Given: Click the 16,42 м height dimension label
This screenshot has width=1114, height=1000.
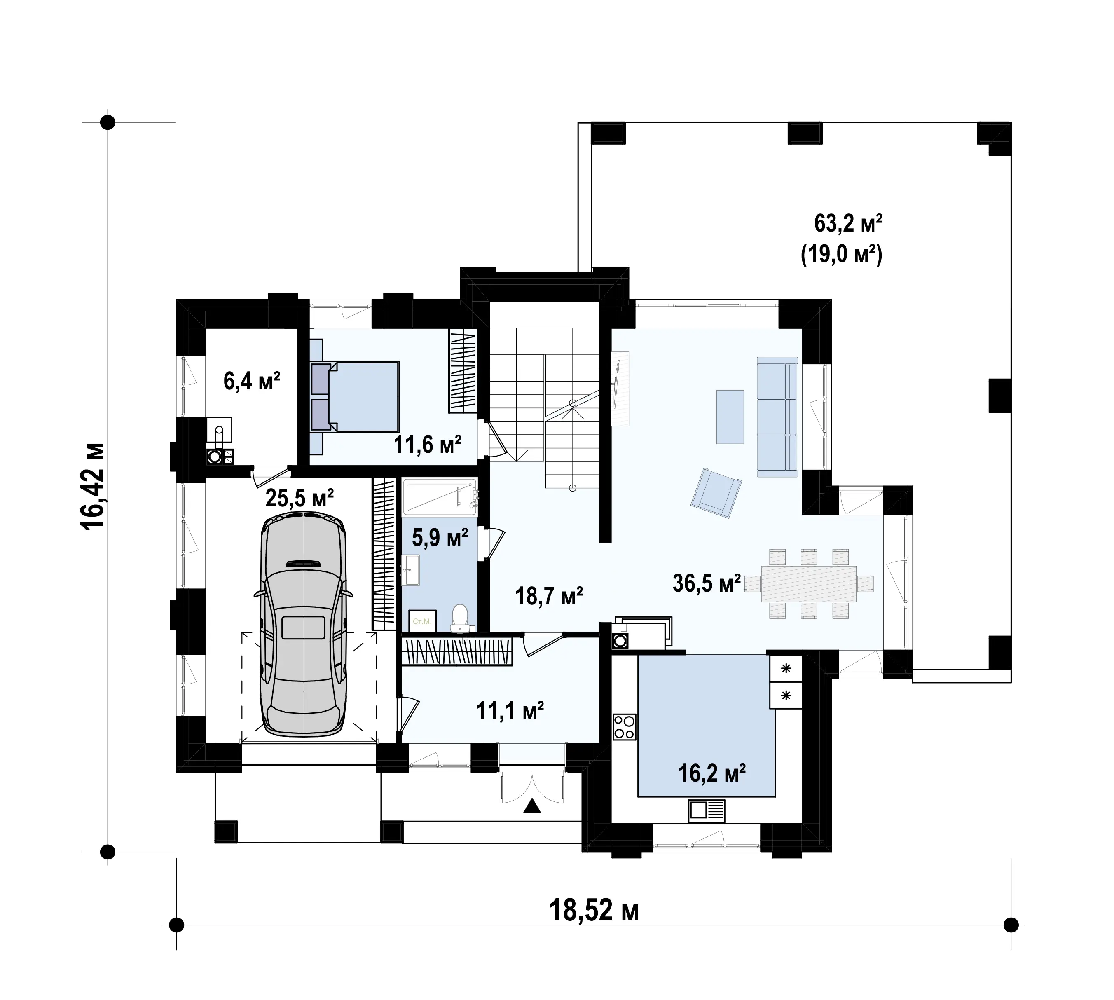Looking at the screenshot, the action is click(x=92, y=486).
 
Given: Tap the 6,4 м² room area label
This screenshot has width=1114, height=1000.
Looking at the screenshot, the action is click(x=252, y=380).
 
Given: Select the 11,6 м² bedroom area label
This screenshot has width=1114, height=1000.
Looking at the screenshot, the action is click(x=427, y=444).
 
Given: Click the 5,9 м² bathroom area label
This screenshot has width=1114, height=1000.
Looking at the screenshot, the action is click(x=440, y=537).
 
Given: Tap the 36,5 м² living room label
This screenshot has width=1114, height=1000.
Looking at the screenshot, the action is click(x=707, y=583).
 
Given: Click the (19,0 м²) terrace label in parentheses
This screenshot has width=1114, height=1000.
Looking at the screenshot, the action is click(x=842, y=255).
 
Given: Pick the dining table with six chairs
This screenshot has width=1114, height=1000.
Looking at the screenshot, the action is click(x=809, y=583).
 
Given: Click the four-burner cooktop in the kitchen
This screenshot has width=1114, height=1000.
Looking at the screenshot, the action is click(x=625, y=726).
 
